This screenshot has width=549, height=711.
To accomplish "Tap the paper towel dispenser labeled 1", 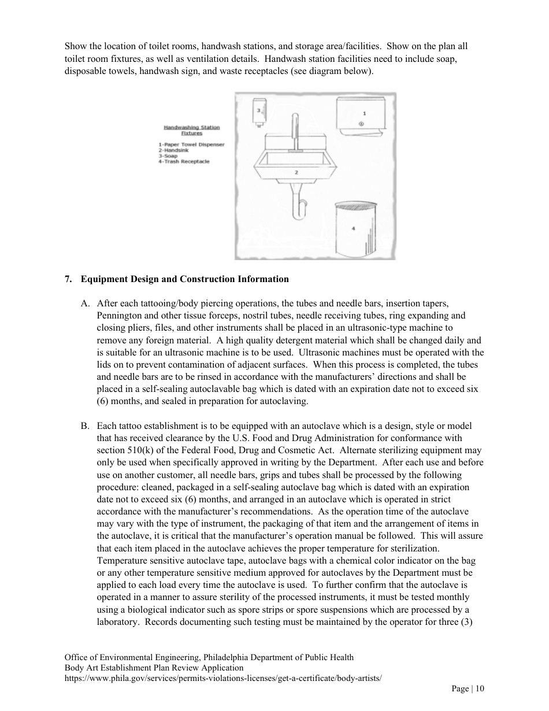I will pos(361,116).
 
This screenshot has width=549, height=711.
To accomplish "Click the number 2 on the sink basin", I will pos(296,172).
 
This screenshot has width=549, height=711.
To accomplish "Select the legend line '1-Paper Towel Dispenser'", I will pos(191,145).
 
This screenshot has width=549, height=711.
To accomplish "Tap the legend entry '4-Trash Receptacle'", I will pos(184,161).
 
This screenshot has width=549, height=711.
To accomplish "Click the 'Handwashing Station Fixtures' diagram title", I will pos(191,130).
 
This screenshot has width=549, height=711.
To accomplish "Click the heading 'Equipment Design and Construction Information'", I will pos(184,279).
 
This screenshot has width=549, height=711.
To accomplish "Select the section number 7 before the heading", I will pos(68,279).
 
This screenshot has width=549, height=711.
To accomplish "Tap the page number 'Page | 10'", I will pos(468,688).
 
